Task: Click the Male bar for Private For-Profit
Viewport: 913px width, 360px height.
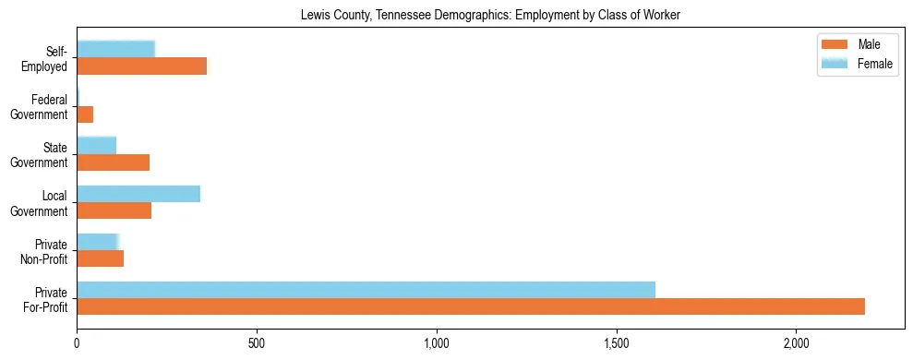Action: tap(471, 306)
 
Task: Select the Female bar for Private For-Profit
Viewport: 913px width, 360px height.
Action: tap(366, 290)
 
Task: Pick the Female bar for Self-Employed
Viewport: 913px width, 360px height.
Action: tap(116, 49)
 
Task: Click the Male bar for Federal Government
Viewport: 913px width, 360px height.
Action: tap(85, 114)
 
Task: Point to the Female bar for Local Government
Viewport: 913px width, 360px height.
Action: tap(138, 194)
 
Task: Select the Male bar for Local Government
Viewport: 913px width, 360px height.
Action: tap(114, 210)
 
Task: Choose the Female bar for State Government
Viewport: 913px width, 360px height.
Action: tap(97, 145)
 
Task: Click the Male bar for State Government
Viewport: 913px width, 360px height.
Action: tap(114, 162)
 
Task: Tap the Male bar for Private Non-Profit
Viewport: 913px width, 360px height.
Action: tap(101, 258)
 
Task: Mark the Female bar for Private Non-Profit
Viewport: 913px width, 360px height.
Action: tap(98, 242)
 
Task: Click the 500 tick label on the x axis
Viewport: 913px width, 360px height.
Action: tap(257, 342)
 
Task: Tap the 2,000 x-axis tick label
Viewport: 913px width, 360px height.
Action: tap(796, 342)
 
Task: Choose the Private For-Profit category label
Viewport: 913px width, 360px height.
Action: tap(46, 299)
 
